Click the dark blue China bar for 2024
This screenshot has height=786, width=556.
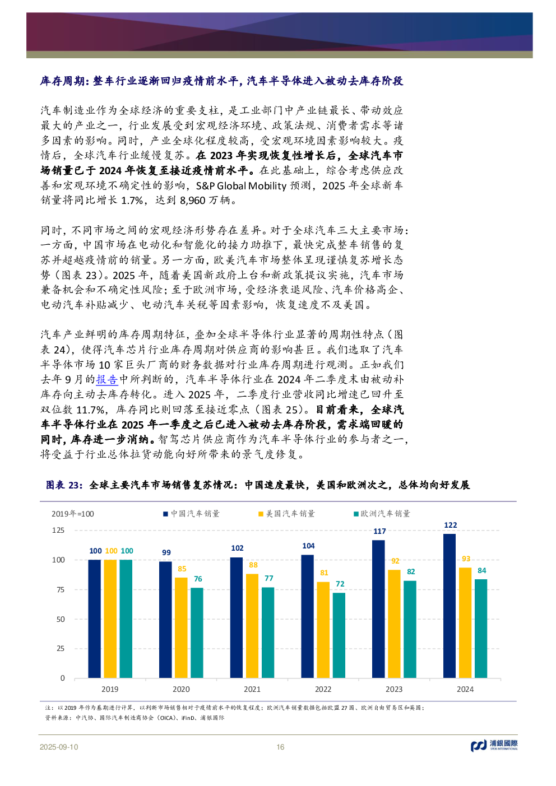click(x=450, y=606)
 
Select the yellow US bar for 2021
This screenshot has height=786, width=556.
click(x=252, y=625)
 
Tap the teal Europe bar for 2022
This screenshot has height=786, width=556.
click(x=339, y=635)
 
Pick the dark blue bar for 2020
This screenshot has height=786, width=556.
click(x=166, y=619)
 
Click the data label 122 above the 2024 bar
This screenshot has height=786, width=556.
click(x=450, y=525)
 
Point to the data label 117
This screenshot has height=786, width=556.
click(x=379, y=531)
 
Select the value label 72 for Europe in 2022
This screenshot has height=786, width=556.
click(x=340, y=584)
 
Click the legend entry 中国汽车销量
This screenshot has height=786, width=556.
click(x=191, y=514)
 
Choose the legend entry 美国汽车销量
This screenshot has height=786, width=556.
click(x=286, y=514)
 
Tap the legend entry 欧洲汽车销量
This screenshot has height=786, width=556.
click(x=382, y=514)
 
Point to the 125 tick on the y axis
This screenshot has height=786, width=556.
click(x=58, y=530)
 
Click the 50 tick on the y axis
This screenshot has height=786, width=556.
click(x=61, y=619)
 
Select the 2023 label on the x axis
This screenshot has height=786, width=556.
click(x=394, y=689)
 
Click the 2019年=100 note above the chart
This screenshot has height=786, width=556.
click(x=73, y=514)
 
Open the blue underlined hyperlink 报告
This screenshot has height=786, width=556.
click(x=106, y=379)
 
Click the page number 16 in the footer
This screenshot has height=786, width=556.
click(x=280, y=747)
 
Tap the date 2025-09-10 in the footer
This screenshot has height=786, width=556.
click(x=59, y=747)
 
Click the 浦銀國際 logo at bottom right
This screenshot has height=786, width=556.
click(x=494, y=745)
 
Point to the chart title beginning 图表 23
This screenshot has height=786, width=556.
click(x=258, y=485)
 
